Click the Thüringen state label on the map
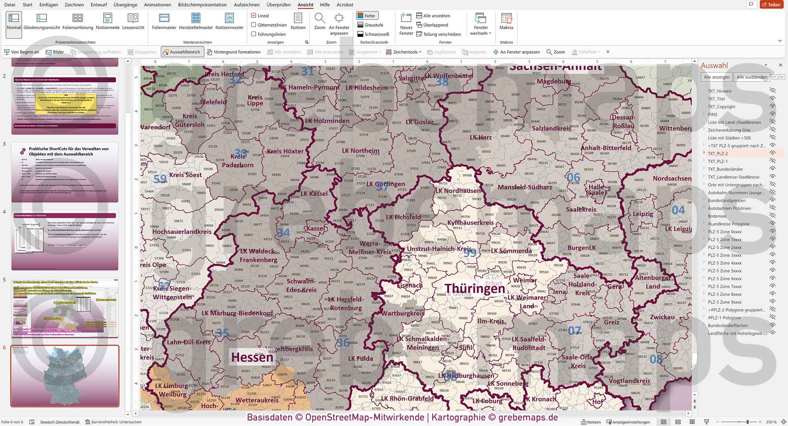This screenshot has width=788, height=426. coord(474,289)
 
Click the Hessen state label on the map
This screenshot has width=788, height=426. coord(252,357)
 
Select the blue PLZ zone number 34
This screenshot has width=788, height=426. coord(283,233)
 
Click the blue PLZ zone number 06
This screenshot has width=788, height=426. coord(573,177)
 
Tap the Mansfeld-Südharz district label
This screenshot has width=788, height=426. coord(524,187)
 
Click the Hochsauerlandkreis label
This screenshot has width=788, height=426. coord(182,232)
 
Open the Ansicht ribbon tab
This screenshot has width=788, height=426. coord(305,5)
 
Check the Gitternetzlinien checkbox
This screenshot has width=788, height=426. coord(254,25)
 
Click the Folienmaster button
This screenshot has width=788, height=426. coord(164,21)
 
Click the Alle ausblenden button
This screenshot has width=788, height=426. coord(751,77)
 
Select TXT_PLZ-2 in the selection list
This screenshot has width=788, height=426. coord(717,154)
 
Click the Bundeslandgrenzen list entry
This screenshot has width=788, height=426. coord(726,201)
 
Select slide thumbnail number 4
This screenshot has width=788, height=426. coord(65,240)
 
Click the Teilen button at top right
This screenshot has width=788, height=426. coord(771,5)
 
